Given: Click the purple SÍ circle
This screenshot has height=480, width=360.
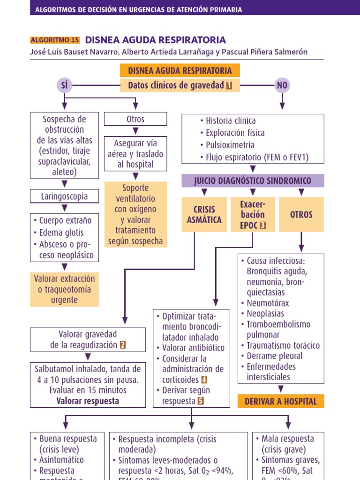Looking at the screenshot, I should pyautogui.click(x=65, y=85).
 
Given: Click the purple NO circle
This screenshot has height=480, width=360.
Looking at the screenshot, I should pyautogui.click(x=282, y=85).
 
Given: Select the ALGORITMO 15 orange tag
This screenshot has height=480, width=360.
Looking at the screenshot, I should pyautogui.click(x=55, y=40).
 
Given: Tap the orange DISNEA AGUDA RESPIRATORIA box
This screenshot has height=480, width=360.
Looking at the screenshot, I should pyautogui.click(x=180, y=71).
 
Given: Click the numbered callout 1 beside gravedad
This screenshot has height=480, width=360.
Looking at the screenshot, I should pyautogui.click(x=229, y=85).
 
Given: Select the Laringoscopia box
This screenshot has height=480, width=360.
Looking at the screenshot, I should pyautogui.click(x=65, y=196).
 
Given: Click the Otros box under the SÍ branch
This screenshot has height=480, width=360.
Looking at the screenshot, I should pyautogui.click(x=135, y=119).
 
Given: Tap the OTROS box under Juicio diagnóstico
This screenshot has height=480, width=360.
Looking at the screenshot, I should pyautogui.click(x=301, y=215).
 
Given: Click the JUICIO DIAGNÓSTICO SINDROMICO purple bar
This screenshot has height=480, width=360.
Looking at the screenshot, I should pyautogui.click(x=253, y=180).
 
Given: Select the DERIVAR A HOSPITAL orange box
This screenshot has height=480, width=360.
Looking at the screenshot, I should pyautogui.click(x=281, y=401).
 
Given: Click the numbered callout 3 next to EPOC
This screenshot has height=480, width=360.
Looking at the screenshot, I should pyautogui.click(x=262, y=225).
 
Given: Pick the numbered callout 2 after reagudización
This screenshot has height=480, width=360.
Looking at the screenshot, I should pyautogui.click(x=123, y=345).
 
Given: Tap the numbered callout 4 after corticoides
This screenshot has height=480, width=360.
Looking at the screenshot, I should pyautogui.click(x=204, y=380).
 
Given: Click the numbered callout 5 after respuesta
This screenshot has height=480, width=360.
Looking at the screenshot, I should pyautogui.click(x=201, y=401).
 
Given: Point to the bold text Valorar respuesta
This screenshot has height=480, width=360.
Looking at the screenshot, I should pyautogui.click(x=88, y=401).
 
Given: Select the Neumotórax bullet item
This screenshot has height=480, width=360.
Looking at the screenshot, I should pyautogui.click(x=266, y=303).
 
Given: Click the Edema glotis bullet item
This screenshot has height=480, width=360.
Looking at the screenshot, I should pyautogui.click(x=62, y=233).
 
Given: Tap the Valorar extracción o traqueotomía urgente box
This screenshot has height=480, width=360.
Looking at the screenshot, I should pyautogui.click(x=65, y=289).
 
